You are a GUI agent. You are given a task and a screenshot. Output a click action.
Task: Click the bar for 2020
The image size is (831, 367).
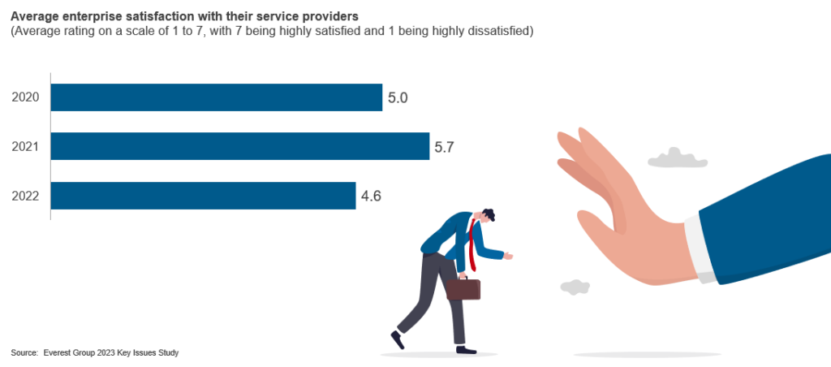[x=216, y=97]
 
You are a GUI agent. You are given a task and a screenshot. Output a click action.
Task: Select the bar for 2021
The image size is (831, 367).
[x=239, y=147]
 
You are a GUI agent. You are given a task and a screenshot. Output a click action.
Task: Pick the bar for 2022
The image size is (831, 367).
[x=203, y=196]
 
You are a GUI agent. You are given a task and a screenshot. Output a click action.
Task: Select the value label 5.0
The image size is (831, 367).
[x=397, y=98]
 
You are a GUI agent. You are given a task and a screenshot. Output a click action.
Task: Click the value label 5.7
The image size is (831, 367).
[x=444, y=147]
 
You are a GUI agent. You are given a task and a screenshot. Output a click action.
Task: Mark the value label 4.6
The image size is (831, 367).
[x=371, y=196]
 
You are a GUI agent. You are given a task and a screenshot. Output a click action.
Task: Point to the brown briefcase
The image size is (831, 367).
[x=463, y=288]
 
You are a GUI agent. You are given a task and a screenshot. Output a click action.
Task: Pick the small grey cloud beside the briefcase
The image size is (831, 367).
[x=575, y=286]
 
